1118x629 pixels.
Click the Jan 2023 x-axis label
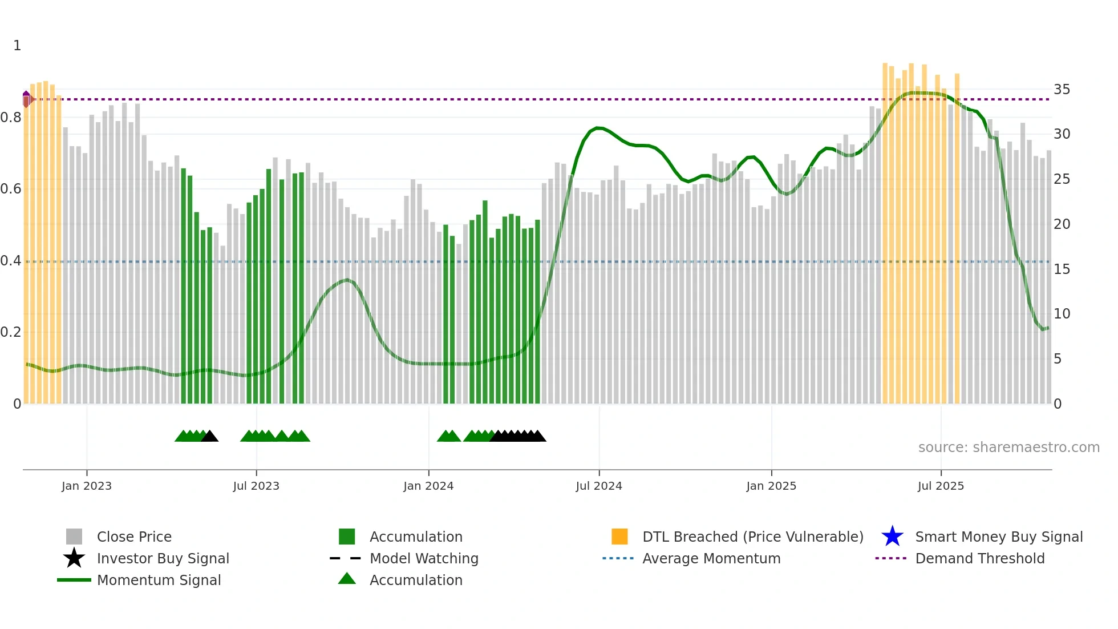pyautogui.click(x=87, y=486)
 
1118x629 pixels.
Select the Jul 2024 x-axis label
pyautogui.click(x=599, y=486)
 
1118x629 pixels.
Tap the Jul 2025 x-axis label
pyautogui.click(x=941, y=486)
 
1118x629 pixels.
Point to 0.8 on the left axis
pyautogui.click(x=11, y=118)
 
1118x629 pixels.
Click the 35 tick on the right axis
pyautogui.click(x=1062, y=90)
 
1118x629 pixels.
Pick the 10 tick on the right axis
pyautogui.click(x=1062, y=314)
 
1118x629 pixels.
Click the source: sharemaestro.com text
pyautogui.click(x=1008, y=447)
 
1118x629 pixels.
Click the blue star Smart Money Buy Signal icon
pyautogui.click(x=892, y=537)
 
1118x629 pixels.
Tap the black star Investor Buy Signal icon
pyautogui.click(x=74, y=558)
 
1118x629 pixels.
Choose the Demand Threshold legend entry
pyautogui.click(x=979, y=558)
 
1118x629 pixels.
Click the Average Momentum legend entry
pyautogui.click(x=711, y=558)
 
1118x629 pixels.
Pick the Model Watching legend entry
pyautogui.click(x=424, y=558)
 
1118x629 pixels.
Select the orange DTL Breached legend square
pyautogui.click(x=619, y=537)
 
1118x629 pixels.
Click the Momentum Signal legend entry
pyautogui.click(x=159, y=580)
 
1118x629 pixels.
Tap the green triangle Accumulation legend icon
pyautogui.click(x=347, y=579)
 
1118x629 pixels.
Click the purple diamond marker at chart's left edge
pyautogui.click(x=26, y=99)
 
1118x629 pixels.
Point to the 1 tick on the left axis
pyautogui.click(x=17, y=46)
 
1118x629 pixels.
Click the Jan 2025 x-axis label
pyautogui.click(x=771, y=486)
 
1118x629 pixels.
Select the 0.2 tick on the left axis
pyautogui.click(x=11, y=332)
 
